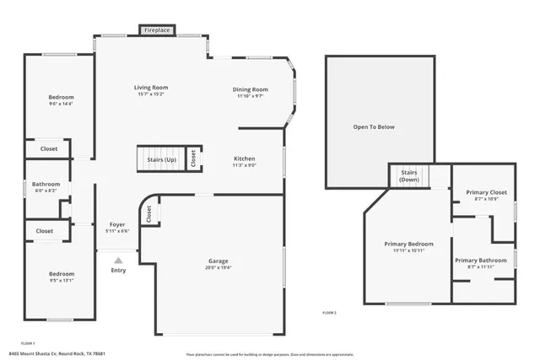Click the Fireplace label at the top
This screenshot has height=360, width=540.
click(158, 30)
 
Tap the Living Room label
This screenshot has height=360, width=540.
click(151, 87)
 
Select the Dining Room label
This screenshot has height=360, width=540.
click(251, 89)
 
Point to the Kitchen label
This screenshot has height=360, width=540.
click(244, 159)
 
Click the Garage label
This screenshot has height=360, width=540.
click(219, 261)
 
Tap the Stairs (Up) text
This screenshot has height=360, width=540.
click(162, 159)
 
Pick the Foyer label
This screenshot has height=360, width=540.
click(118, 225)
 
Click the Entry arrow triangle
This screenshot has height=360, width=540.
click(118, 261)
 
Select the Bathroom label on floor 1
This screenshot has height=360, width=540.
click(46, 184)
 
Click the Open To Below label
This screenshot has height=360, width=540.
click(373, 127)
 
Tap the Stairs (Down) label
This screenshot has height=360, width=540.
click(409, 175)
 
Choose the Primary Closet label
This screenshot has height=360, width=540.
click(487, 192)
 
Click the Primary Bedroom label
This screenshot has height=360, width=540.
click(408, 244)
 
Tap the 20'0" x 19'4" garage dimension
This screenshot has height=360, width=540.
click(219, 268)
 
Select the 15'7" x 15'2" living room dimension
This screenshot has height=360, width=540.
click(151, 94)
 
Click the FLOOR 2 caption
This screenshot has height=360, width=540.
click(329, 313)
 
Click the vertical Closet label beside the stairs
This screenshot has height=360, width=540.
click(193, 159)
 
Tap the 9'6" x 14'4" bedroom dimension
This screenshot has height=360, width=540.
click(61, 104)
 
